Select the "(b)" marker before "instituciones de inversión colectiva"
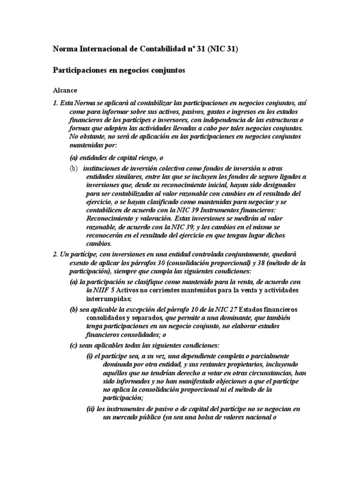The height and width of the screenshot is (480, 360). point(74,168)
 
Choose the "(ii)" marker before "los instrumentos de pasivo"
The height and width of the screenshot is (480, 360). point(90,409)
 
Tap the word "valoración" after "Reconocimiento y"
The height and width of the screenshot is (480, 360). point(155,218)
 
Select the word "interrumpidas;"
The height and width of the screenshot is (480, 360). point(108,299)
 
